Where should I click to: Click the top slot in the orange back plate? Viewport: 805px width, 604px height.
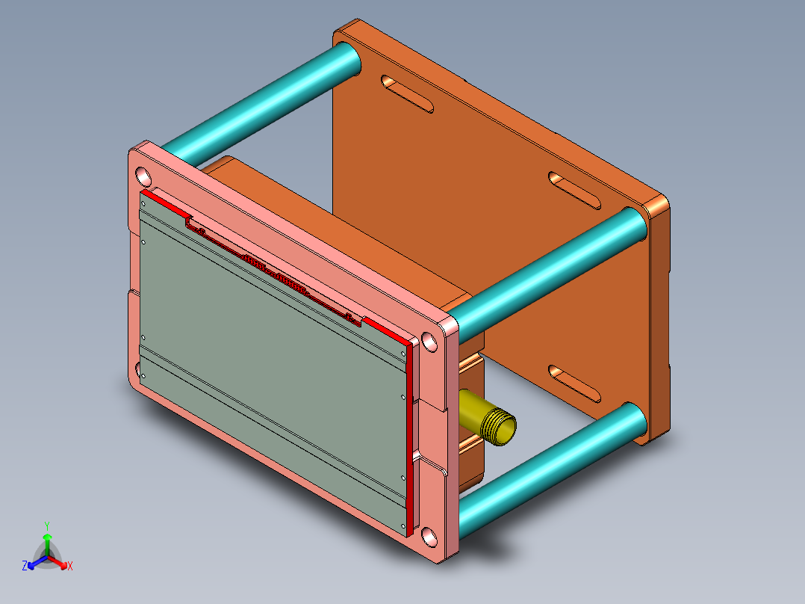[406, 93]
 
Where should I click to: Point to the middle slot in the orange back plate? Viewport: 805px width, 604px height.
[575, 191]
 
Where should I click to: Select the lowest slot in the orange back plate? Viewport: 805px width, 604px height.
[575, 383]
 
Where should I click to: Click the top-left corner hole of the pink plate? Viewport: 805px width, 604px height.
[143, 177]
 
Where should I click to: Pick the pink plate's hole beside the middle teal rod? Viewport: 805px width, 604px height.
[430, 342]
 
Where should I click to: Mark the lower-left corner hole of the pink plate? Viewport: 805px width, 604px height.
[138, 370]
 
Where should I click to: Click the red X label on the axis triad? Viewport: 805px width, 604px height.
[70, 567]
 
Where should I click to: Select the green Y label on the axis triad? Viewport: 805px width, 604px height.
[46, 526]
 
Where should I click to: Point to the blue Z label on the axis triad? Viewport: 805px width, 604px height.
[25, 567]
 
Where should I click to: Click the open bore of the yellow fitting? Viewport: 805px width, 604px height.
[505, 429]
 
